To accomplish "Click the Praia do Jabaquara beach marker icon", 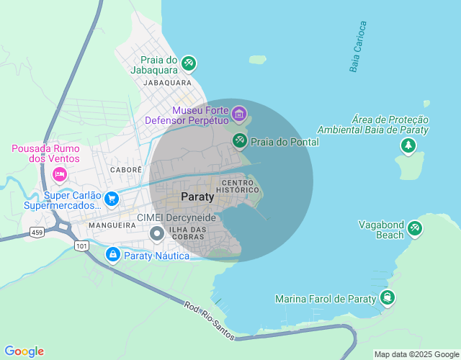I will [x=189, y=63].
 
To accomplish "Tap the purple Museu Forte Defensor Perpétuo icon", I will [x=239, y=113].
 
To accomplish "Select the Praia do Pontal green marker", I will [x=239, y=141].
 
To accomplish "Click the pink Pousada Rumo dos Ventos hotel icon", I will [x=60, y=174].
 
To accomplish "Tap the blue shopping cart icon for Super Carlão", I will [x=111, y=198].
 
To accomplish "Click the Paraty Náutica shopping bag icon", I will [x=113, y=255].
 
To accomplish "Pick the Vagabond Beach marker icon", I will [x=414, y=228].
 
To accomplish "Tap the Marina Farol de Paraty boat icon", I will [x=388, y=298].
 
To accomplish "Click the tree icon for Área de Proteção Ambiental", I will [x=408, y=146].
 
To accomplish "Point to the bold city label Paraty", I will [x=197, y=196].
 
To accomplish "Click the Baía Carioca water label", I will [x=358, y=48].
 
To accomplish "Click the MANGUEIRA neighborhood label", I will [x=112, y=225].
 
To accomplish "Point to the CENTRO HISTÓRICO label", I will [x=241, y=185].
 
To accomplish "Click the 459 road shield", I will [x=37, y=232].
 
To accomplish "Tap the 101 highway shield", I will [x=81, y=246].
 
